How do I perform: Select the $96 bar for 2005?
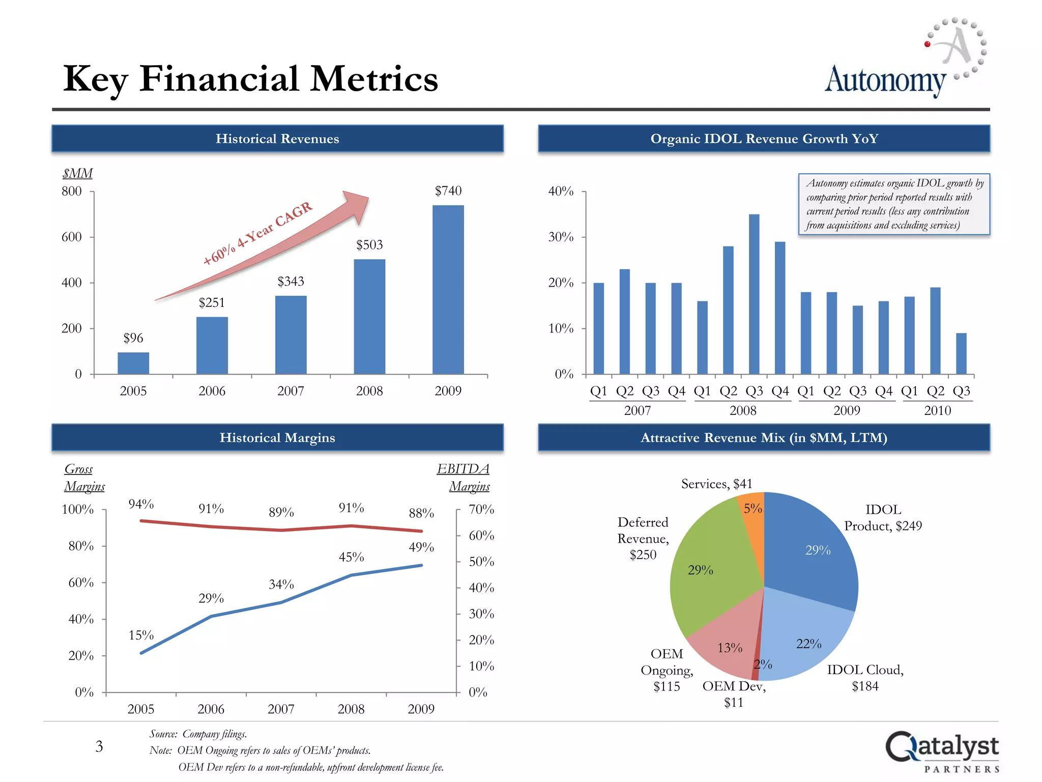pos(133,363)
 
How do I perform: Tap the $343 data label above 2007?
pos(291,282)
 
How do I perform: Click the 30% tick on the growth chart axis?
pos(561,237)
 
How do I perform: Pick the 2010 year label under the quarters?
pos(937,410)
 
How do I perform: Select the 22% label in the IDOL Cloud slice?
pos(808,644)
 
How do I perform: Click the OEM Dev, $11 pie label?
pos(734,694)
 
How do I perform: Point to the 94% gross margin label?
pos(141,504)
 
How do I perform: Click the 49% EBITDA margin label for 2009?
pos(421,547)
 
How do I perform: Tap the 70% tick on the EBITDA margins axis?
pos(481,510)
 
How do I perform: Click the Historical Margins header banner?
pos(277,438)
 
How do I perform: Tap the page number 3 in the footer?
pos(99,747)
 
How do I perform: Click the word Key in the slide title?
pos(95,80)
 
